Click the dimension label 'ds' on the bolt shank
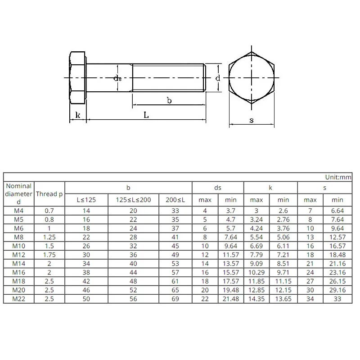(x=117, y=78)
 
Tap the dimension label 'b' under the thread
(x=169, y=100)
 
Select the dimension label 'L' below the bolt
(x=146, y=115)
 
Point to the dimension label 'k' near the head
(x=77, y=115)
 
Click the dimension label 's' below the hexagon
(x=252, y=120)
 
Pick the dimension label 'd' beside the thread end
(x=217, y=78)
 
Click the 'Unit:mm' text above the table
(x=337, y=177)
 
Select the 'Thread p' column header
(x=49, y=194)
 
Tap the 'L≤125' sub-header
(x=86, y=200)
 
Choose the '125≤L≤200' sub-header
(x=133, y=200)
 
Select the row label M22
(x=19, y=299)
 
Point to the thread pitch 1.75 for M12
(x=49, y=255)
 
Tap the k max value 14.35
(x=256, y=299)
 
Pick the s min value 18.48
(x=337, y=255)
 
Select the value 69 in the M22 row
(x=175, y=299)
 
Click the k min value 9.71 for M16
(x=283, y=273)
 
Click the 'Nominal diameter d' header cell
(x=19, y=194)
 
